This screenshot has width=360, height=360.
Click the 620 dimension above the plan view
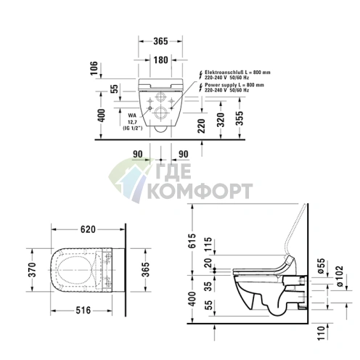click(88, 229)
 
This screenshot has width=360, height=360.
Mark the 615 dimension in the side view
click(192, 243)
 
